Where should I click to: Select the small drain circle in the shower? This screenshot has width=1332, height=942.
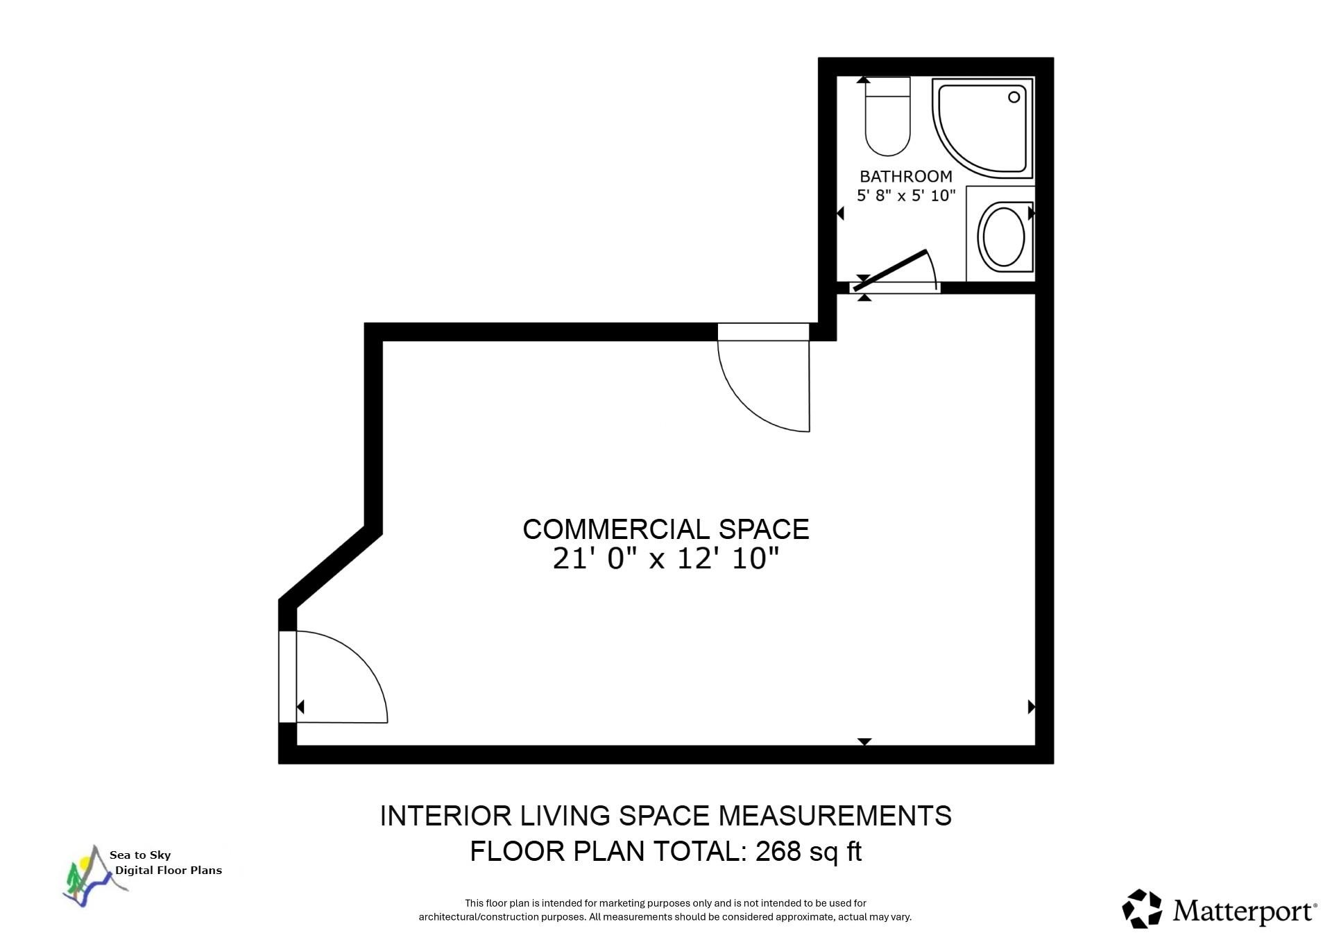[x=1014, y=97]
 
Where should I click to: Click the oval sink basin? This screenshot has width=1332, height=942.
[x=1001, y=235]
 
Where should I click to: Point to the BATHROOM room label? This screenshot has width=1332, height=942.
[x=905, y=176]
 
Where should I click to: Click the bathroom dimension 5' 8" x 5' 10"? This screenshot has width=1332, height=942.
[x=905, y=196]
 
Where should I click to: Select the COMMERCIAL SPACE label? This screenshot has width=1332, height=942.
[x=665, y=529]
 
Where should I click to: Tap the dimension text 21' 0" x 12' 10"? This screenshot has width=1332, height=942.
[x=665, y=558]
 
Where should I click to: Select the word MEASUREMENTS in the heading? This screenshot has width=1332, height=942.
[x=835, y=816]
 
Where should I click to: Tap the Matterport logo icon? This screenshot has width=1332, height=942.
[x=1142, y=908]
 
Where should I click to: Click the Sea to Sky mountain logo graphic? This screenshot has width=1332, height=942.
[x=87, y=877]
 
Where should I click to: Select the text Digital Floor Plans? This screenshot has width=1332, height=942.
[x=169, y=871]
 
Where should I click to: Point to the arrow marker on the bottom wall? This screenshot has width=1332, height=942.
[x=864, y=742]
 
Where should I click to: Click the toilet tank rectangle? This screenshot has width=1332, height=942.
[x=887, y=87]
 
